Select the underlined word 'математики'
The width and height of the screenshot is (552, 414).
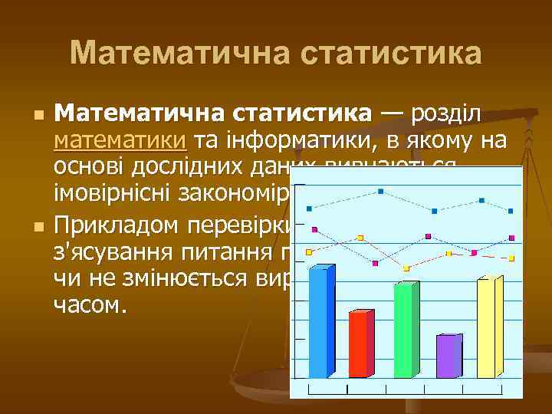pos(120,140)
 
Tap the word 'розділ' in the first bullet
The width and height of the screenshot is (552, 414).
pos(446,115)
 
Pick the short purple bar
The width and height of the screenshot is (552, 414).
pos(448,356)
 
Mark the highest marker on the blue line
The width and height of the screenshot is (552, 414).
pos(381,192)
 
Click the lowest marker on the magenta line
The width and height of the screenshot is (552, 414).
pos(375,263)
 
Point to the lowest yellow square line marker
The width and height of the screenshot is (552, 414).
pos(407,268)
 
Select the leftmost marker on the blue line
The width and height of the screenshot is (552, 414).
pos(309,208)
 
